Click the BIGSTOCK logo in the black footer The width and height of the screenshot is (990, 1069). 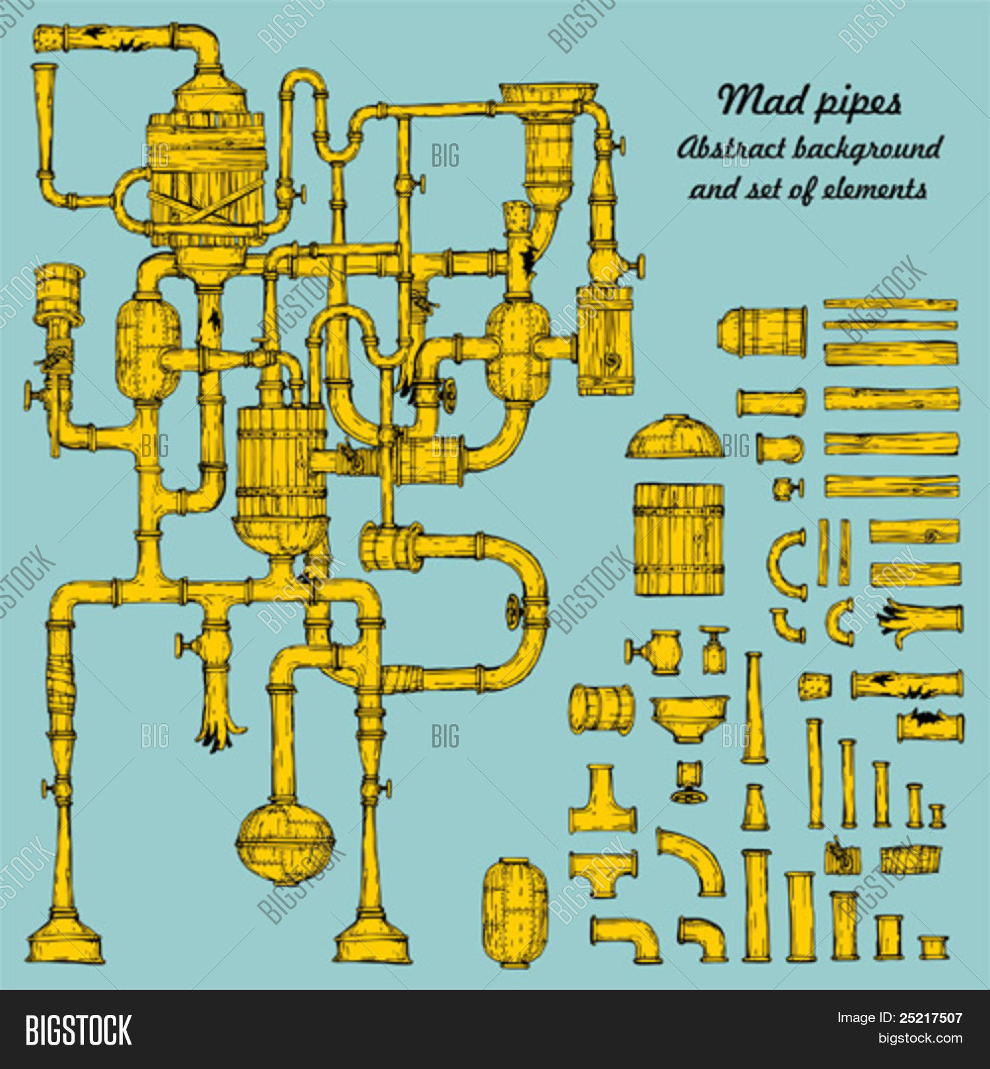79,1030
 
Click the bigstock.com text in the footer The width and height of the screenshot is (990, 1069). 920,1038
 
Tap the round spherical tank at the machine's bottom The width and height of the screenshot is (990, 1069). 285,842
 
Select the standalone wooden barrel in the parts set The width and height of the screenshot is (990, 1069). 679,540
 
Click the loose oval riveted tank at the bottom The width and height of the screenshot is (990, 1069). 515,913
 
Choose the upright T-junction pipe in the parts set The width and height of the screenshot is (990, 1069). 602,800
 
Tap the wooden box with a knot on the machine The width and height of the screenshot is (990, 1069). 605,340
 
